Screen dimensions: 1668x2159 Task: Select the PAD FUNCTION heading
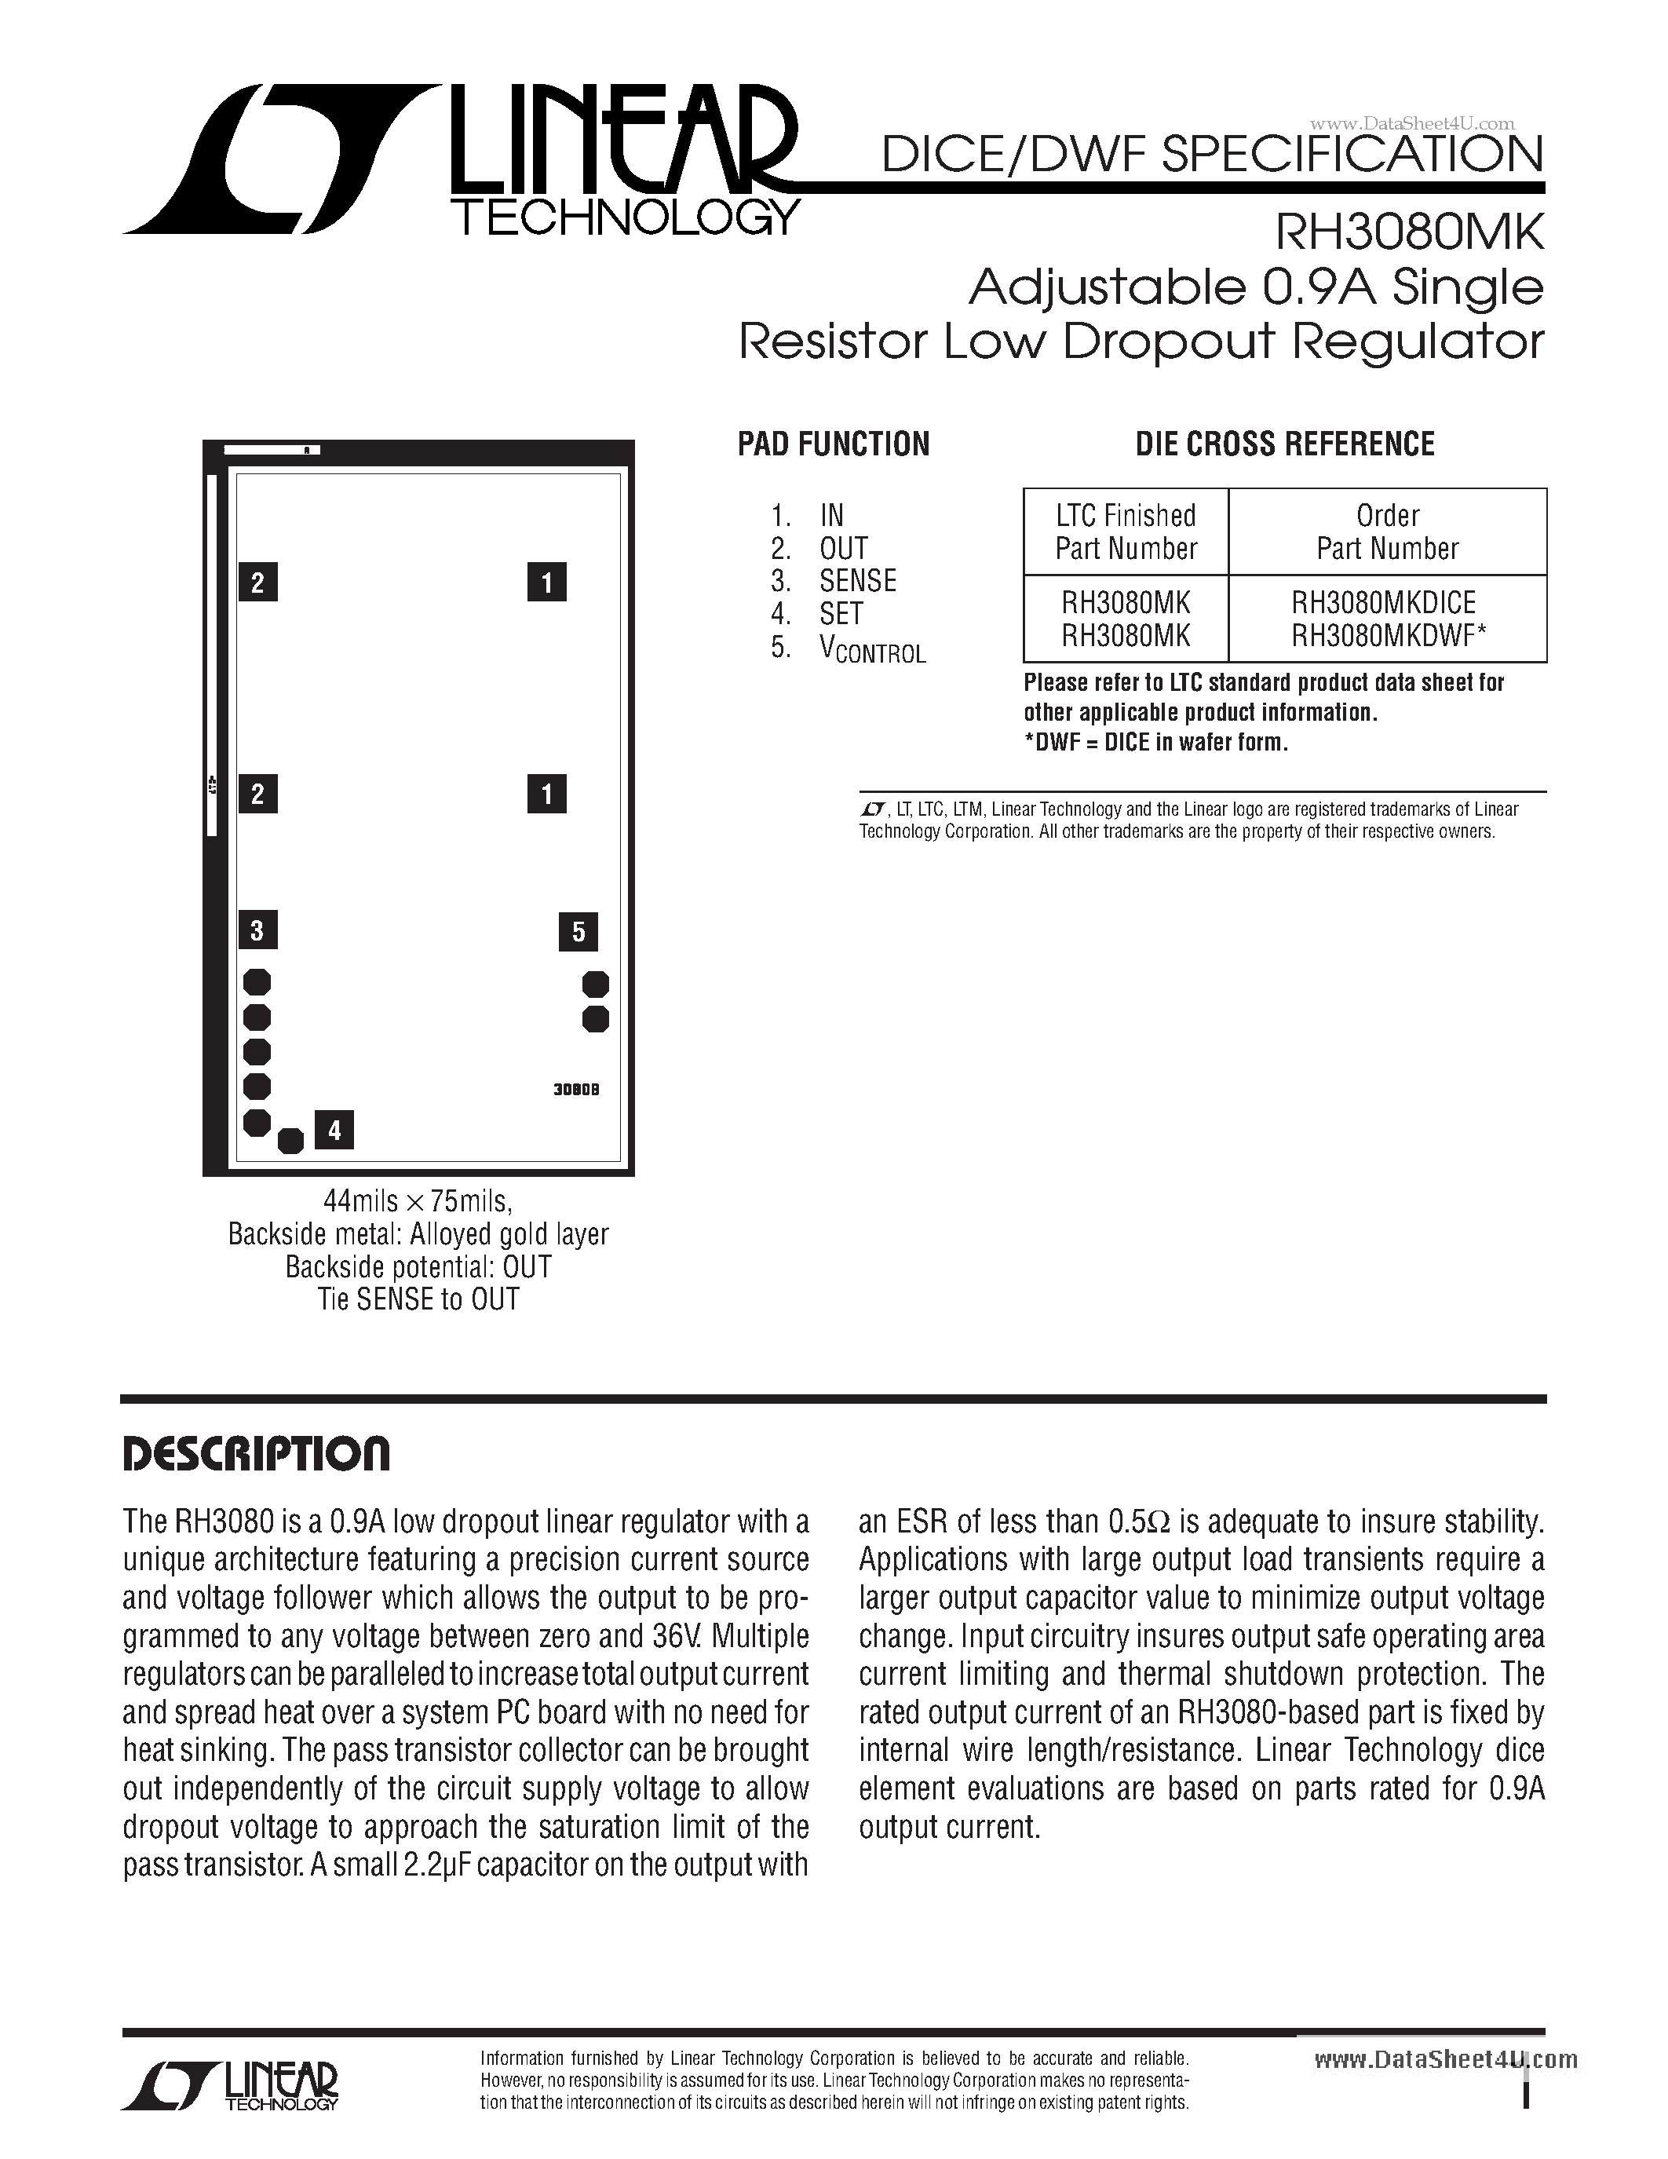833,445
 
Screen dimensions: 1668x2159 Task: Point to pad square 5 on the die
578,931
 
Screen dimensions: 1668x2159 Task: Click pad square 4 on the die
334,1130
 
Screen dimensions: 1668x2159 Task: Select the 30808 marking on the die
576,1090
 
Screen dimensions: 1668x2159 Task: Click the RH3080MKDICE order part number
1382,602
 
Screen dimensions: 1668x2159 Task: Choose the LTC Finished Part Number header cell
1126,532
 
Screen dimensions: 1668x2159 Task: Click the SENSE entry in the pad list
856,580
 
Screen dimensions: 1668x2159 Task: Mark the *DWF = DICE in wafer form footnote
1155,743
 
